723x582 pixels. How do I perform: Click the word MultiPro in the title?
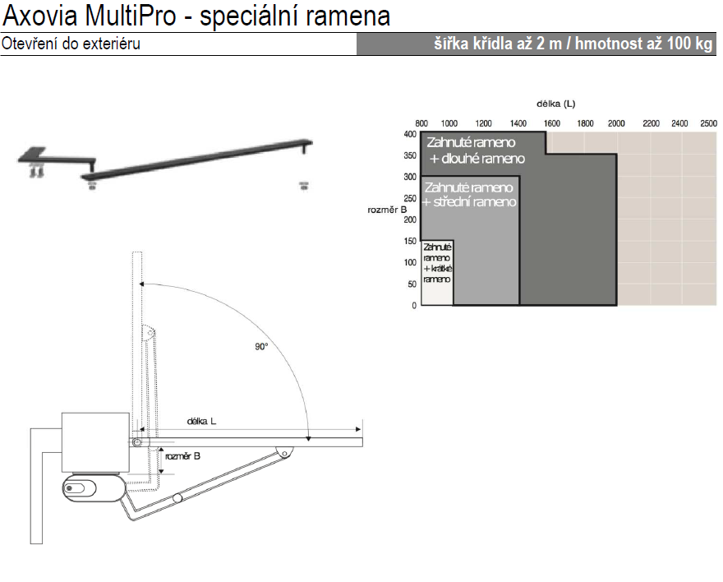pyautogui.click(x=131, y=16)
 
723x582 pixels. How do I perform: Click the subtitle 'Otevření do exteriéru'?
pyautogui.click(x=71, y=44)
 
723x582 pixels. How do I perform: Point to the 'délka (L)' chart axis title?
pyautogui.click(x=555, y=104)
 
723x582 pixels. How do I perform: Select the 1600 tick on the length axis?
pyautogui.click(x=551, y=123)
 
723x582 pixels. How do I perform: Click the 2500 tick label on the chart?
pyautogui.click(x=708, y=123)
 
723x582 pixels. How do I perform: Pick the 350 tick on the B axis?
pyautogui.click(x=410, y=155)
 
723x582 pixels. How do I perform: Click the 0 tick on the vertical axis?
pyautogui.click(x=414, y=305)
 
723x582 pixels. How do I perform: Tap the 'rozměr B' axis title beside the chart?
pyautogui.click(x=387, y=210)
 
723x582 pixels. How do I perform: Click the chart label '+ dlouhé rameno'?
pyautogui.click(x=477, y=159)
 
